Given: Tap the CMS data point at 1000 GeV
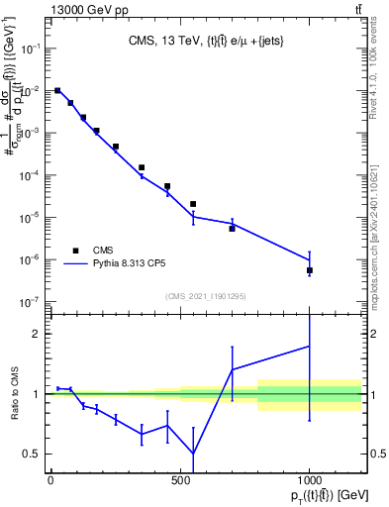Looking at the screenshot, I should point(310,270).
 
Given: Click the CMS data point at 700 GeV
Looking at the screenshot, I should point(232,228).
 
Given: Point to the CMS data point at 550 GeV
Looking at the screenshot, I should point(193,204).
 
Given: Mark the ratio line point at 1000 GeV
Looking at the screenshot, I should point(310,346).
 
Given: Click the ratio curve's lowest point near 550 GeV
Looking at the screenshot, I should point(193,455).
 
